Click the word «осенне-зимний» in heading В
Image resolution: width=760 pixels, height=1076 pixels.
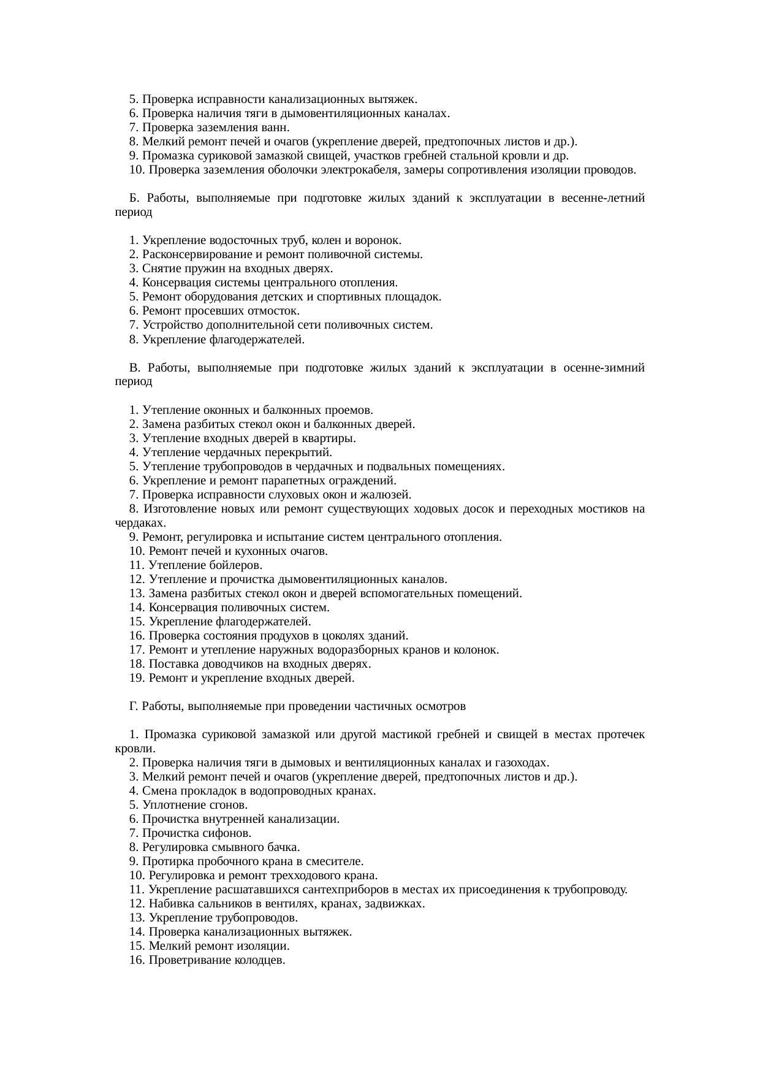607,367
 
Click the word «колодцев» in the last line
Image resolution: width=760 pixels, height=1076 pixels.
260,960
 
